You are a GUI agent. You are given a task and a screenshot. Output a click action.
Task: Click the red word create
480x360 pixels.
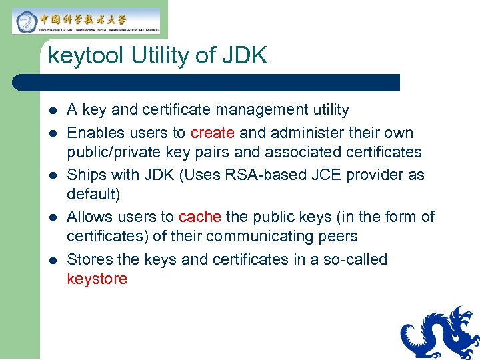213,133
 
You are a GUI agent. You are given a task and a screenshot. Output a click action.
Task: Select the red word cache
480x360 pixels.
200,217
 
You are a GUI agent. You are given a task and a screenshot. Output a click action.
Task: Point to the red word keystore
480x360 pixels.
97,279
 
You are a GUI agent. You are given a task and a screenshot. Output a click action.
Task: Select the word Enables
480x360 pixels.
94,133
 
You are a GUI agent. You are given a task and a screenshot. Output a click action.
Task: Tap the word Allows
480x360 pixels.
90,217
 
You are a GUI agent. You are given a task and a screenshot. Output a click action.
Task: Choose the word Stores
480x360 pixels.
90,259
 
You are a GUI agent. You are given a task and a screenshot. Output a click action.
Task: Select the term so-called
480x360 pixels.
354,259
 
